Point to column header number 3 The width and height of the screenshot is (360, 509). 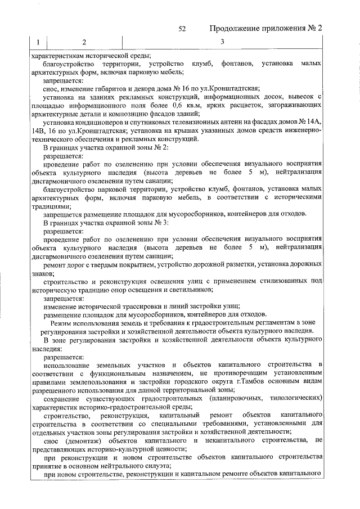point(222,43)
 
